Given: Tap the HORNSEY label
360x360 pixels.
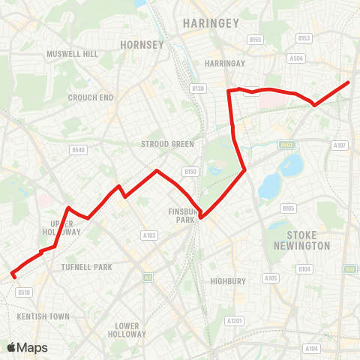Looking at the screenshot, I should pyautogui.click(x=142, y=45).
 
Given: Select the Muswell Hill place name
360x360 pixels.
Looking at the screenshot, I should pyautogui.click(x=72, y=55).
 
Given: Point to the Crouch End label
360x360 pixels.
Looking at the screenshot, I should pyautogui.click(x=90, y=97).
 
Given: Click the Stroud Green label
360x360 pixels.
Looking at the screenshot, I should pyautogui.click(x=167, y=144).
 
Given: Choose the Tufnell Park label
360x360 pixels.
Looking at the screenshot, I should pyautogui.click(x=86, y=267).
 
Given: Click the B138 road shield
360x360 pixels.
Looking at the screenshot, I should pyautogui.click(x=198, y=88).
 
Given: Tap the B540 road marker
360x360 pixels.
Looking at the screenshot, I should pyautogui.click(x=78, y=150).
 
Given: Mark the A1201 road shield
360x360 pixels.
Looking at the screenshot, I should pyautogui.click(x=235, y=320).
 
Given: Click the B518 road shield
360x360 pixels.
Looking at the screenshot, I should pyautogui.click(x=23, y=292).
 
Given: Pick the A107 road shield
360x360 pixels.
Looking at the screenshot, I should pyautogui.click(x=340, y=145).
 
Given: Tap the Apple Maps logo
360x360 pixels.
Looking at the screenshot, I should pyautogui.click(x=27, y=347).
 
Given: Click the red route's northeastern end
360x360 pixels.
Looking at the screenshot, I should pyautogui.click(x=349, y=82).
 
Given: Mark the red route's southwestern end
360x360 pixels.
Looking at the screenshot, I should pyautogui.click(x=13, y=275).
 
